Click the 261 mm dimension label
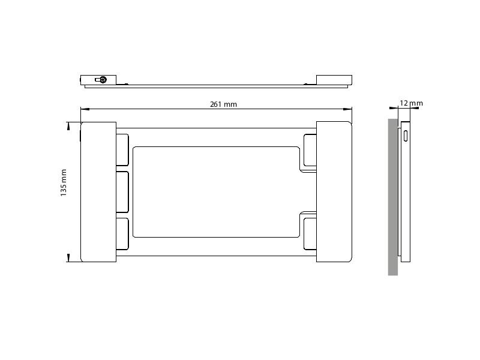pos(223,104)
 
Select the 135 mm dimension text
pos(64,183)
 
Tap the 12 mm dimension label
pos(411,103)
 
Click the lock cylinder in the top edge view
pos(103,79)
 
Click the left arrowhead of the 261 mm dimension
pos(85,109)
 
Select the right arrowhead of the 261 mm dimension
pos(348,109)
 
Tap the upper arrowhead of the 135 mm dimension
pos(68,126)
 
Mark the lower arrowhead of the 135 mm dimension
pos(68,258)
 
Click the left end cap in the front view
pos(98,192)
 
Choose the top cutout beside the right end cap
pos(310,150)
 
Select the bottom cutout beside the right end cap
pos(310,234)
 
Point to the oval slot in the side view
pos(406,136)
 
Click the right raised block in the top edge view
pos(334,80)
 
